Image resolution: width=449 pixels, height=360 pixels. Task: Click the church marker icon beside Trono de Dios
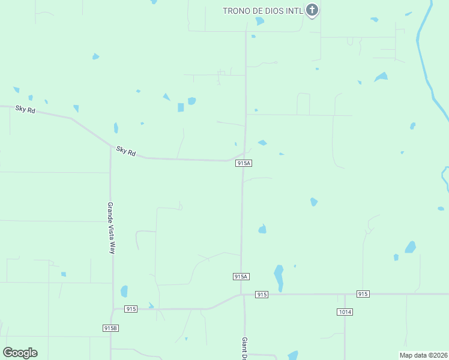point(312,10)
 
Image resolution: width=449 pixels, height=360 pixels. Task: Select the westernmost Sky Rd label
point(26,109)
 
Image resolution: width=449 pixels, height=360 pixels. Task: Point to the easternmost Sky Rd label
point(126,151)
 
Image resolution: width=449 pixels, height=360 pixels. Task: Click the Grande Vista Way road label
point(111,228)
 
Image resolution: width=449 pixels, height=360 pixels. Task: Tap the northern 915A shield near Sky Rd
point(243,163)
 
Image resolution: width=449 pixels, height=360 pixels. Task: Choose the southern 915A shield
point(241,277)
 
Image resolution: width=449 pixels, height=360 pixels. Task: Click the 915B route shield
point(110,328)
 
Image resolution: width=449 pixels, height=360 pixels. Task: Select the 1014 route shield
point(345,312)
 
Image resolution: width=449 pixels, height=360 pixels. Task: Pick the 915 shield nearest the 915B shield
point(131,309)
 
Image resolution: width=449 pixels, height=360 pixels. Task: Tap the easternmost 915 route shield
point(363,294)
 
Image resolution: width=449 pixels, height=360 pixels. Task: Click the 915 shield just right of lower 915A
point(261,295)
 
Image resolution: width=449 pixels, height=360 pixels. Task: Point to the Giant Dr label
point(245,348)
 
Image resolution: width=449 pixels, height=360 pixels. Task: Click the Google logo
point(20,353)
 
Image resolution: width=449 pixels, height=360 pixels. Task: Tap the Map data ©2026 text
point(423,355)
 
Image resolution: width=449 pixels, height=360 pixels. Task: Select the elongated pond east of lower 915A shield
point(279,277)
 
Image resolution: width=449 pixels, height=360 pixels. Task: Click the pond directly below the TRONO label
point(259,21)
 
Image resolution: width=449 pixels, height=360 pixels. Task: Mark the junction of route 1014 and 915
point(345,294)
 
